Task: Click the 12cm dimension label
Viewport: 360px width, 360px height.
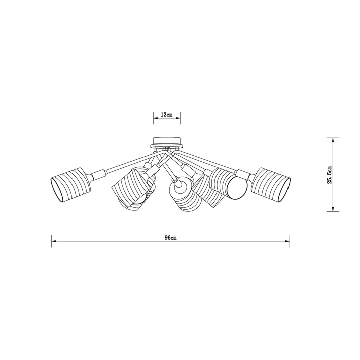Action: pyautogui.click(x=167, y=115)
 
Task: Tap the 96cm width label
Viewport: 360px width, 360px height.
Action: pyautogui.click(x=170, y=238)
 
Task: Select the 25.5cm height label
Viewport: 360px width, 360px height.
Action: pyautogui.click(x=330, y=175)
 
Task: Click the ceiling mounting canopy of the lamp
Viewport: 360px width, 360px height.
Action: pyautogui.click(x=167, y=142)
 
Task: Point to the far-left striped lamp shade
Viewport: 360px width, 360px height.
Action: pyautogui.click(x=70, y=185)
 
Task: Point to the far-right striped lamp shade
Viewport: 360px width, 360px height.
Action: pyautogui.click(x=271, y=185)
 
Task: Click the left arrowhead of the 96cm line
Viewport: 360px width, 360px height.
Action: pyautogui.click(x=54, y=241)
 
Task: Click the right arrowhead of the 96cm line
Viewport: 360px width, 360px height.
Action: pyautogui.click(x=287, y=241)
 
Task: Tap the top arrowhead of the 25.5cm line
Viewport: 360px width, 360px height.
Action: pyautogui.click(x=333, y=140)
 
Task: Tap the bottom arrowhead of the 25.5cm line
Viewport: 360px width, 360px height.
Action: pyautogui.click(x=333, y=209)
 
